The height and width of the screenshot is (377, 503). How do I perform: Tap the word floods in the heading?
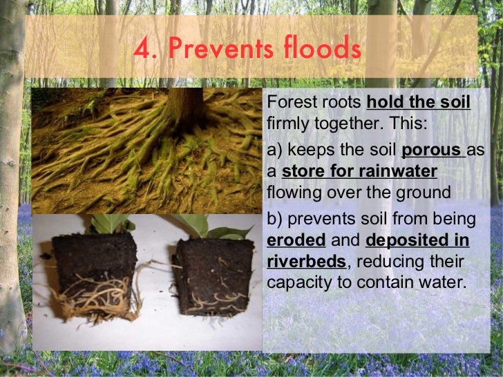pos(323,49)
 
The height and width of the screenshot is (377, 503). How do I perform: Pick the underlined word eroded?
pos(296,241)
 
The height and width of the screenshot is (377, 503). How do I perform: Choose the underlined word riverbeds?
pos(306,262)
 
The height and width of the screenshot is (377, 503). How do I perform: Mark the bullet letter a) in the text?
pos(274,151)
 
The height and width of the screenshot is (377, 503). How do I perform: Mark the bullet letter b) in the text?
pos(274,220)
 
